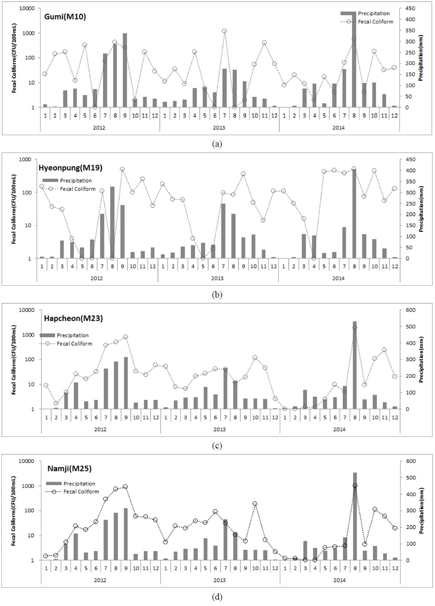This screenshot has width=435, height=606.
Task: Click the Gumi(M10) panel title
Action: (x=65, y=17)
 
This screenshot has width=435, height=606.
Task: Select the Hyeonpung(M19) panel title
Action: (x=70, y=168)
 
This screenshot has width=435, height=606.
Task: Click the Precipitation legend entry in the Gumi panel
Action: (x=374, y=13)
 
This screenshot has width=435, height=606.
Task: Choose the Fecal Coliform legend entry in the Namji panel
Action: (x=81, y=492)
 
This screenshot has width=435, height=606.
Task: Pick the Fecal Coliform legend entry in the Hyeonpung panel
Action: (x=77, y=189)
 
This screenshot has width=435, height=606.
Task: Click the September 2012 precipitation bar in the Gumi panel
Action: (x=125, y=70)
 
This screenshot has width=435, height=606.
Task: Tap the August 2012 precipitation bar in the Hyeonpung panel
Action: (x=112, y=222)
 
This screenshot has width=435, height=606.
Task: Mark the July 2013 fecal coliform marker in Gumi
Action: (x=225, y=31)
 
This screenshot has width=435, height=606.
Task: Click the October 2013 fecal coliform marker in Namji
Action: (x=255, y=504)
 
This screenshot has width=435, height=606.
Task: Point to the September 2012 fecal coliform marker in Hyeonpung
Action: (x=122, y=170)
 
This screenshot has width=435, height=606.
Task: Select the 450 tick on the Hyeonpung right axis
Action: (x=410, y=159)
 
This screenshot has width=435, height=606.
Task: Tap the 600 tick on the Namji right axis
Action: (x=410, y=461)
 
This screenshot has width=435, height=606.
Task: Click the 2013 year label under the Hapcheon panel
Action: (x=219, y=429)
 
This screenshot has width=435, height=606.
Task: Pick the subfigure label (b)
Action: (x=217, y=295)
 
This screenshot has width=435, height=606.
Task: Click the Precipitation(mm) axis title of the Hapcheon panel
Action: (x=422, y=360)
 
